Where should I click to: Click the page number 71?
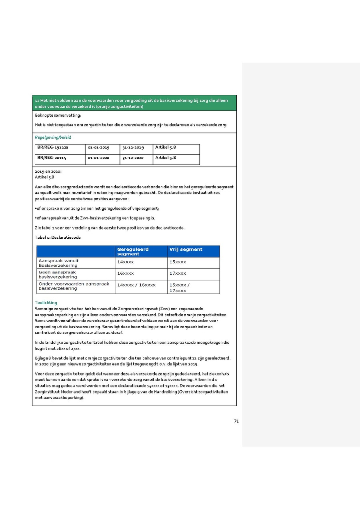coord(236,421)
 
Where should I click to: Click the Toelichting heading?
coord(46,303)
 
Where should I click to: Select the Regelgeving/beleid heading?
coord(53,137)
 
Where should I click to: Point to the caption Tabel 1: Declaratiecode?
coord(58,238)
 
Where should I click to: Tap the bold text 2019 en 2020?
coord(48,171)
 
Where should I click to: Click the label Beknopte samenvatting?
coord(58,115)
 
